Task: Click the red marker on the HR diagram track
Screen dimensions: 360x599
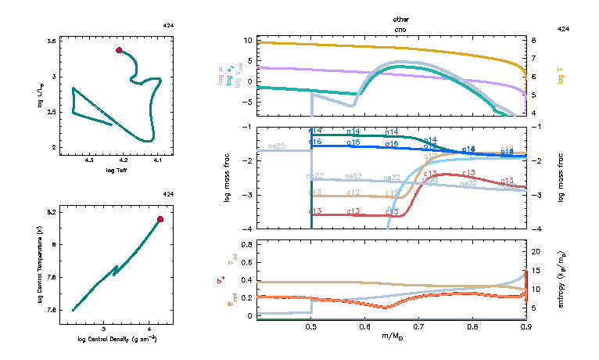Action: point(119,50)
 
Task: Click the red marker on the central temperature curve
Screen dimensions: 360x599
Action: point(160,219)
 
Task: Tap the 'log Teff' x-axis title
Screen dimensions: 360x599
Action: point(115,169)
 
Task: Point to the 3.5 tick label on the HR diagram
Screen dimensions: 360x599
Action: point(52,40)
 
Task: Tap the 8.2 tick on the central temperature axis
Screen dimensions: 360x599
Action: point(52,212)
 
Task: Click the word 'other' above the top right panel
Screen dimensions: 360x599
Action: point(401,19)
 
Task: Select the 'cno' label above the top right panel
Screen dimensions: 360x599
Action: point(401,27)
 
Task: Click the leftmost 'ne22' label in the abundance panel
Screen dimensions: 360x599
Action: point(276,146)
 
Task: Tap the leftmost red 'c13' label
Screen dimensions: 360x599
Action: point(316,211)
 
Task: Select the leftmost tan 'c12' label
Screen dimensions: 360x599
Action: point(316,193)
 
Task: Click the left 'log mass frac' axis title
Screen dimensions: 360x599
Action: point(228,178)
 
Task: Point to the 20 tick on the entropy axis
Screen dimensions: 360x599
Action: point(538,252)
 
